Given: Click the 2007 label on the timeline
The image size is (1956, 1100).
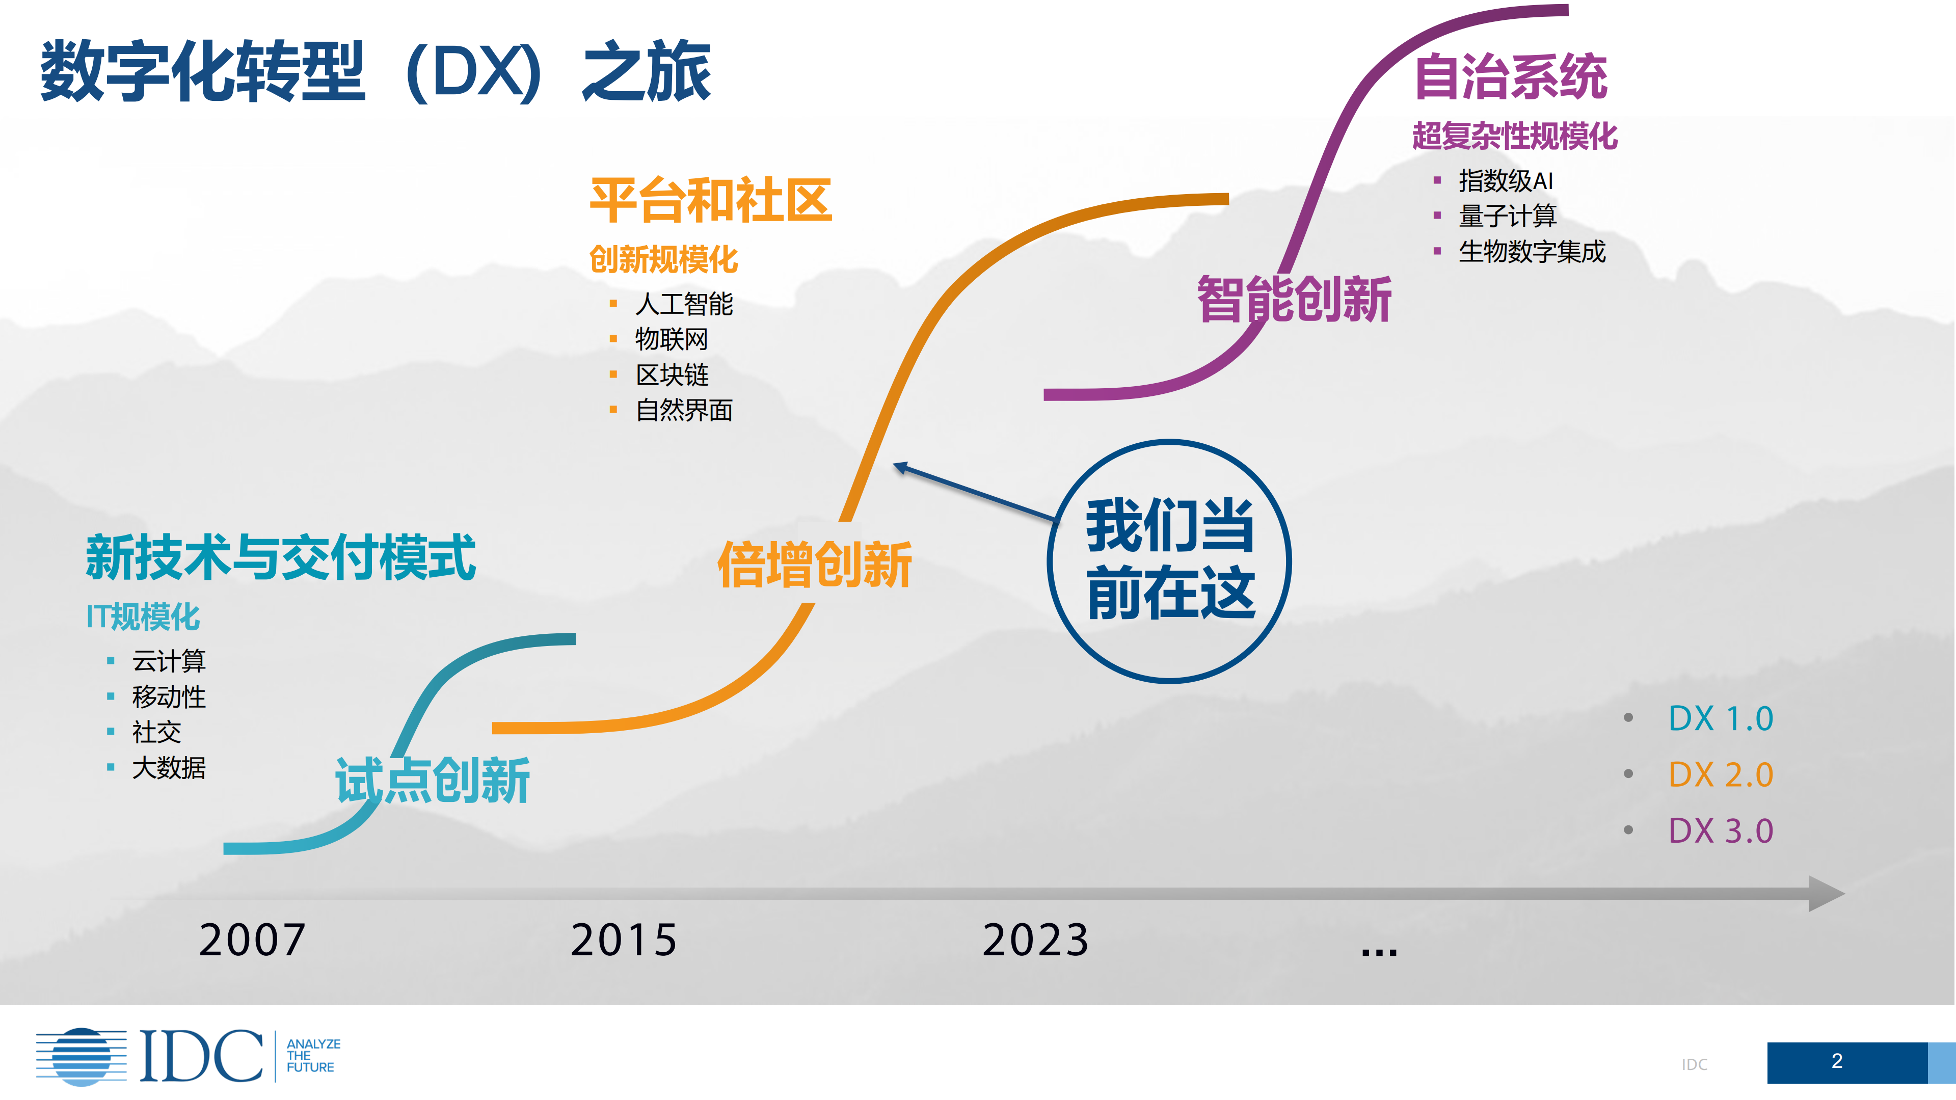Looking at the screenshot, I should tap(252, 940).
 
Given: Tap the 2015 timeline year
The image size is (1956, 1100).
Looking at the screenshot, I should tap(624, 940).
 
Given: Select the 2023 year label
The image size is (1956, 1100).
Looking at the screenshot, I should tap(1036, 940).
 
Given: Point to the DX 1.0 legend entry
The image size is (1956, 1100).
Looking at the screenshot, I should tap(1720, 718).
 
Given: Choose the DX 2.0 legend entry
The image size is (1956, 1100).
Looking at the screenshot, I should tap(1720, 774).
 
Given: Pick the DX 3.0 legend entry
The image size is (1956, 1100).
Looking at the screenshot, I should tap(1720, 830).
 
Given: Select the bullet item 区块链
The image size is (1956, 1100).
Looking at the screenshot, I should tap(672, 374).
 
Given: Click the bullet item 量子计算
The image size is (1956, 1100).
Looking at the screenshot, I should tap(1507, 216).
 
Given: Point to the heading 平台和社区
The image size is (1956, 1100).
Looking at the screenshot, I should tap(711, 200).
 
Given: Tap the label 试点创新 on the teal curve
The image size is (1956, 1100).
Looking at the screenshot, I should tap(432, 781).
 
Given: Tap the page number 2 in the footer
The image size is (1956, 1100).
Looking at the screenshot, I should tap(1836, 1061).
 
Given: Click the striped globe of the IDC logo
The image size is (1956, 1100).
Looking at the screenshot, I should tap(81, 1056).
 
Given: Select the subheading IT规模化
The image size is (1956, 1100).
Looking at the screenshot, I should tap(144, 616).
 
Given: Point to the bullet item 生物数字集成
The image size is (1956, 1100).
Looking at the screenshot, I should tap(1532, 251).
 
